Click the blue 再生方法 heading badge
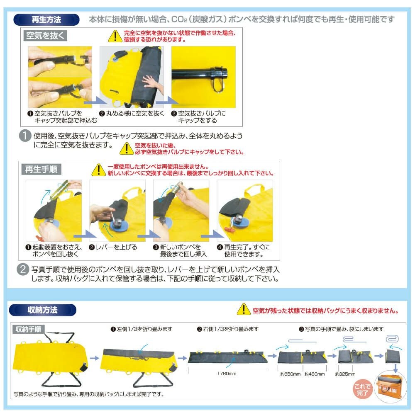tap(46, 19)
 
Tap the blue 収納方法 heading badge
tap(43, 310)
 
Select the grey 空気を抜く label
tap(45, 36)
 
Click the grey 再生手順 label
tap(41, 169)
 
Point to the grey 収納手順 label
tap(28, 329)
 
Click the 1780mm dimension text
tap(227, 374)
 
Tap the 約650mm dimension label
tap(290, 374)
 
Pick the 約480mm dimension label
tap(315, 374)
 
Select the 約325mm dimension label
tap(345, 374)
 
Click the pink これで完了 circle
tap(362, 390)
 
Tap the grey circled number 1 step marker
tap(25, 136)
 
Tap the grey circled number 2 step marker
tap(23, 269)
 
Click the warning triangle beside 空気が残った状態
tap(244, 309)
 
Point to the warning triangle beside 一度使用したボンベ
tap(99, 170)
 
